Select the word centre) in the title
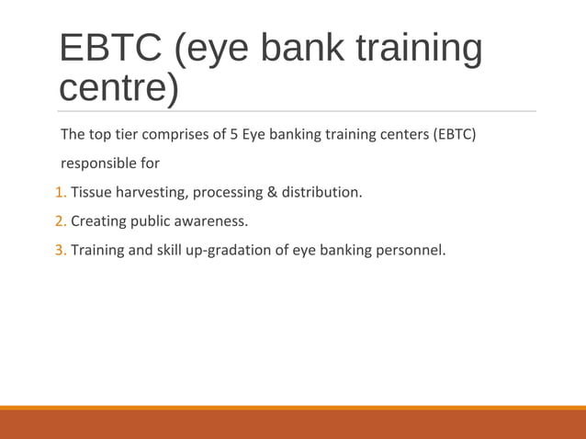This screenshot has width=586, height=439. [x=118, y=89]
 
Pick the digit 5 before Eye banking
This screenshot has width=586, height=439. [x=234, y=135]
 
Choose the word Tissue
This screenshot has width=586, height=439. [x=91, y=193]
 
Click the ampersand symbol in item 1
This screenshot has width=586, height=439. [x=271, y=193]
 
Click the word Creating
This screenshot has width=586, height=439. [x=98, y=221]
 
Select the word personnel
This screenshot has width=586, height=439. [x=410, y=250]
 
